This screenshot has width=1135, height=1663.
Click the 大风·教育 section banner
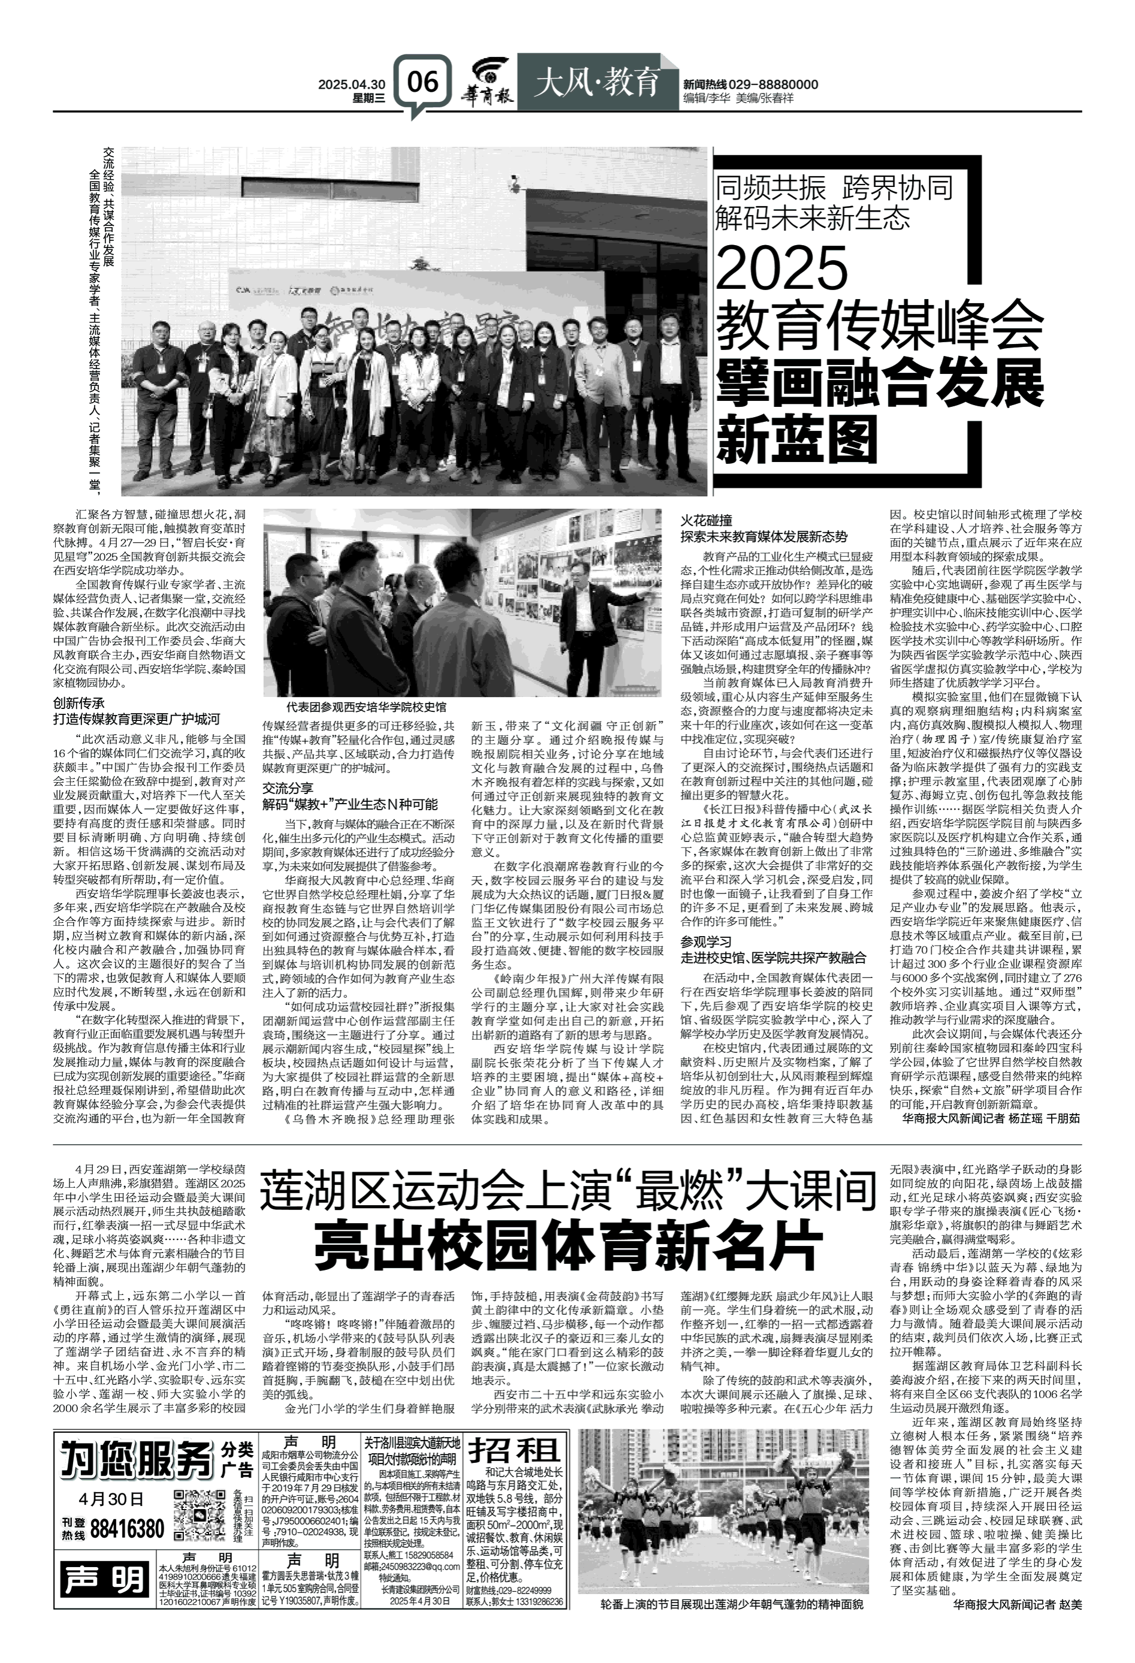596,84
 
